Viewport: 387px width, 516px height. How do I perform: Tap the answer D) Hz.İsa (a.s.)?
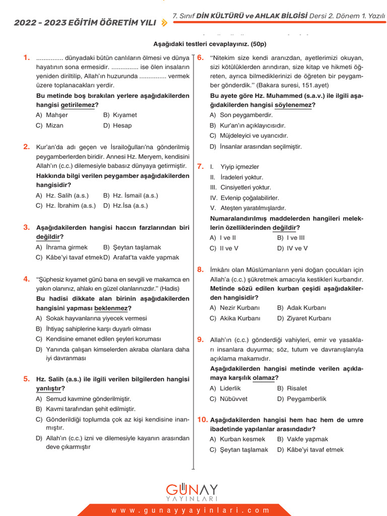125,206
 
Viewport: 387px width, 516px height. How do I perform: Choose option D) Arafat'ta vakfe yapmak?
141,257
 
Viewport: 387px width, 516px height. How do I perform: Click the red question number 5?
27,379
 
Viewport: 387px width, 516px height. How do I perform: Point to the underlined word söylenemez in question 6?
294,105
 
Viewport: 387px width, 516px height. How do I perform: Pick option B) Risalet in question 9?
292,389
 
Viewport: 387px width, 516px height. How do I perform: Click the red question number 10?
202,420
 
